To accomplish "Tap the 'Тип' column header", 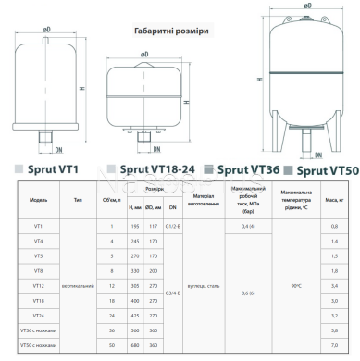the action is tap(77, 198).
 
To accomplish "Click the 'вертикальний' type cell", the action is tap(77, 287).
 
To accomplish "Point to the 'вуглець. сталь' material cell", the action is tap(204, 287).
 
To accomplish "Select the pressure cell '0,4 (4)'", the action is tap(247, 226).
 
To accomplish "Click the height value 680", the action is tap(133, 343).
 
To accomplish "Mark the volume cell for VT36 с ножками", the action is tap(111, 330).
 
